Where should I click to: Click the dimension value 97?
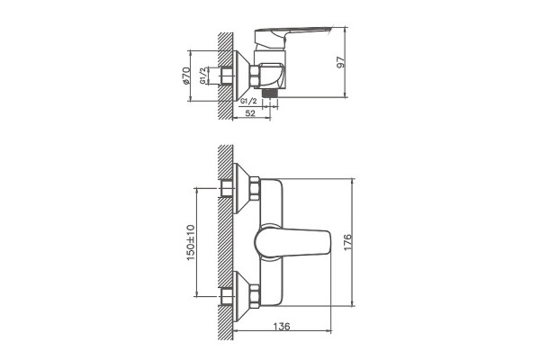pyautogui.click(x=340, y=62)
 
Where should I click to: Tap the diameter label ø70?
pyautogui.click(x=185, y=76)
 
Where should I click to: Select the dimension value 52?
pyautogui.click(x=251, y=113)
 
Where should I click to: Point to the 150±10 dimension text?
pyautogui.click(x=191, y=242)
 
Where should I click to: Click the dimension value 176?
pyautogui.click(x=347, y=242)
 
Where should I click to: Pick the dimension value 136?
pyautogui.click(x=282, y=326)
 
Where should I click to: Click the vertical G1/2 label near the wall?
pyautogui.click(x=203, y=76)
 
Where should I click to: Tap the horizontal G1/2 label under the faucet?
pyautogui.click(x=248, y=102)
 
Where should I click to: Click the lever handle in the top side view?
pyautogui.click(x=292, y=36)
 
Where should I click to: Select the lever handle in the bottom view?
pyautogui.click(x=292, y=243)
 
